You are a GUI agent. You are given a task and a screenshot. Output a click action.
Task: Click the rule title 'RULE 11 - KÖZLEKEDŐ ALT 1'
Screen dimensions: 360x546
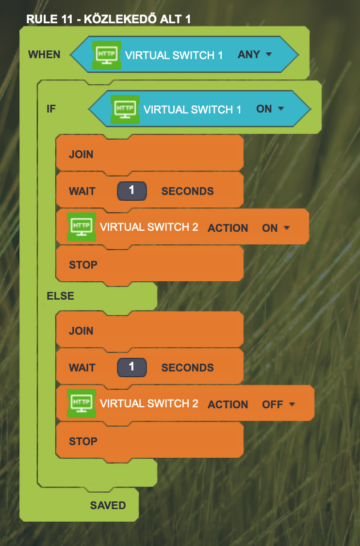tap(108, 19)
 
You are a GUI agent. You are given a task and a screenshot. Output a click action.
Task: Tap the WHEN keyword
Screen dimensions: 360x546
tap(44, 55)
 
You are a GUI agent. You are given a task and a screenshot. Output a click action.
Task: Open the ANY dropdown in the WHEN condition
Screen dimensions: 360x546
tap(254, 54)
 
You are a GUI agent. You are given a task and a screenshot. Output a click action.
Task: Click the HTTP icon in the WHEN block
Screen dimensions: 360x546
tap(107, 55)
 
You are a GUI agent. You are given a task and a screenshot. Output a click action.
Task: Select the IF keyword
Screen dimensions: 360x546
tap(51, 109)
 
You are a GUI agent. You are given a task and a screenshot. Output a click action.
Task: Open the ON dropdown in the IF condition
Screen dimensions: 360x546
tap(270, 109)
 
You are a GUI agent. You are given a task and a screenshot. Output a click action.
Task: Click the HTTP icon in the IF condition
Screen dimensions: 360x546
tap(125, 109)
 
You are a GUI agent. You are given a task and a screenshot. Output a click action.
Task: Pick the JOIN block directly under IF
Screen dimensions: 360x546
tap(149, 154)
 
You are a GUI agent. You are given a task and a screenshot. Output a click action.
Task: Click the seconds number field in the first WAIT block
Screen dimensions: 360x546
tap(132, 191)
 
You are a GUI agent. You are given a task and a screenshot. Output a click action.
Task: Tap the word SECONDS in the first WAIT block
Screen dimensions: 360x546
tap(187, 191)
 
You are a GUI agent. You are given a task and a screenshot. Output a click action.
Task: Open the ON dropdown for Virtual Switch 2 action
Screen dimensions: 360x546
tap(276, 228)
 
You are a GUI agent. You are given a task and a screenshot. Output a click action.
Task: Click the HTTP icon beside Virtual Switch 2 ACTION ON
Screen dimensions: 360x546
tap(81, 226)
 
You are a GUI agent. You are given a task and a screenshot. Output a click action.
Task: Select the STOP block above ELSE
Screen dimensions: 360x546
tap(149, 264)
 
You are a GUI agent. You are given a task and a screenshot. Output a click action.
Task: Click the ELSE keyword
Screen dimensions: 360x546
tap(60, 296)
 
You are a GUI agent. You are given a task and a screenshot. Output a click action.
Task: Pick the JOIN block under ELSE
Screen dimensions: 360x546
tap(149, 330)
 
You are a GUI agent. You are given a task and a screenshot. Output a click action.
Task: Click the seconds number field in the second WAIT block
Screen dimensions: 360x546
tap(132, 368)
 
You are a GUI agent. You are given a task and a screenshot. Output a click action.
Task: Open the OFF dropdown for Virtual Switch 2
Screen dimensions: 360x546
tap(279, 404)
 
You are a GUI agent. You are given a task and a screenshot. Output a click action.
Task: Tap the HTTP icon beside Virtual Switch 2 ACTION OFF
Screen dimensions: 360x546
tap(81, 403)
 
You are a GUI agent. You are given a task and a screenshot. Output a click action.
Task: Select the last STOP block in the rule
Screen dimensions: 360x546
tap(149, 441)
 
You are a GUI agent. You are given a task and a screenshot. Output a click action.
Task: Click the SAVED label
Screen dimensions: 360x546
tap(108, 506)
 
